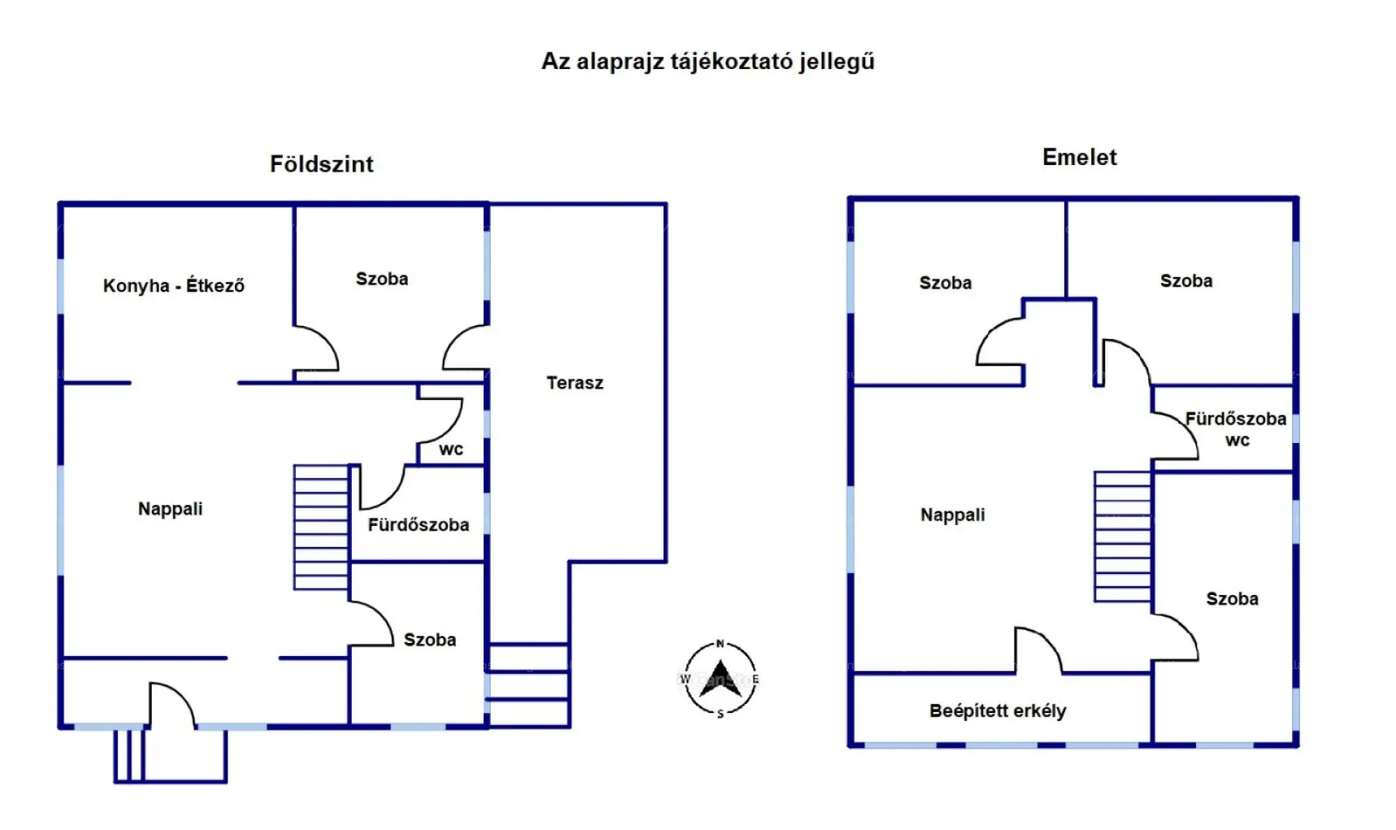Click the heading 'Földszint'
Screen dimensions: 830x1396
pyautogui.click(x=321, y=164)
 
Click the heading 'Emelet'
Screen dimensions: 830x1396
pyautogui.click(x=1079, y=157)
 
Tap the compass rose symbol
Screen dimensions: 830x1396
pyautogui.click(x=720, y=679)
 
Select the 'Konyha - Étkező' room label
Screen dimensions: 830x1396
pyautogui.click(x=174, y=285)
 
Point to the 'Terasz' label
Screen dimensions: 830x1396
pyautogui.click(x=574, y=383)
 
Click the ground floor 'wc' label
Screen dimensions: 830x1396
pyautogui.click(x=451, y=450)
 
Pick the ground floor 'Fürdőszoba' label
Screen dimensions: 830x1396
pyautogui.click(x=418, y=524)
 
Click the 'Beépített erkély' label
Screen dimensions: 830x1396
pyautogui.click(x=998, y=711)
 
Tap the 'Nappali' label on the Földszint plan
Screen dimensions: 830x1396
pyautogui.click(x=170, y=508)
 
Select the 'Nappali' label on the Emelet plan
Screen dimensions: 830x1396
pyautogui.click(x=952, y=514)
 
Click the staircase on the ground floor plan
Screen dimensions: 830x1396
pyautogui.click(x=321, y=527)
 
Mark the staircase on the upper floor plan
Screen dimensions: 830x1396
pyautogui.click(x=1123, y=537)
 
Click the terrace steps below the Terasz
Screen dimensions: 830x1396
pyautogui.click(x=529, y=685)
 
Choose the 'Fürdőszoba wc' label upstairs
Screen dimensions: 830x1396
pyautogui.click(x=1235, y=428)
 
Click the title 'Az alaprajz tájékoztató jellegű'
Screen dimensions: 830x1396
pyautogui.click(x=707, y=61)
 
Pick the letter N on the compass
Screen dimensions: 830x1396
pyautogui.click(x=720, y=644)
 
